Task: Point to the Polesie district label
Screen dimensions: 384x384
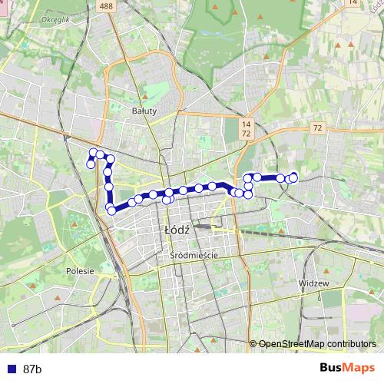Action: point(80,270)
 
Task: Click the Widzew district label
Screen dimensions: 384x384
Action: point(313,283)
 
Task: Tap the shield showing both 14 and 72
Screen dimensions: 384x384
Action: point(246,128)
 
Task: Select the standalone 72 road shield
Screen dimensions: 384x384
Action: point(317,128)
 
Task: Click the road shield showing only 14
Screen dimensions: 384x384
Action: point(352,3)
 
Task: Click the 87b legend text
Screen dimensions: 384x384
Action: point(32,369)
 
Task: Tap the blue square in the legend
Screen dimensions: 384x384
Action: point(10,369)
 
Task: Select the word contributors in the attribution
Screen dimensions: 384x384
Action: point(349,343)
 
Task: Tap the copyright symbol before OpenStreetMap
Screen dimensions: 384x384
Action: point(253,343)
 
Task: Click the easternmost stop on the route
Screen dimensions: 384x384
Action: point(293,178)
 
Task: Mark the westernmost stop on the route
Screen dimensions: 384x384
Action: point(91,164)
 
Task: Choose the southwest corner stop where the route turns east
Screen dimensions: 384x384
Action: point(112,210)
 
